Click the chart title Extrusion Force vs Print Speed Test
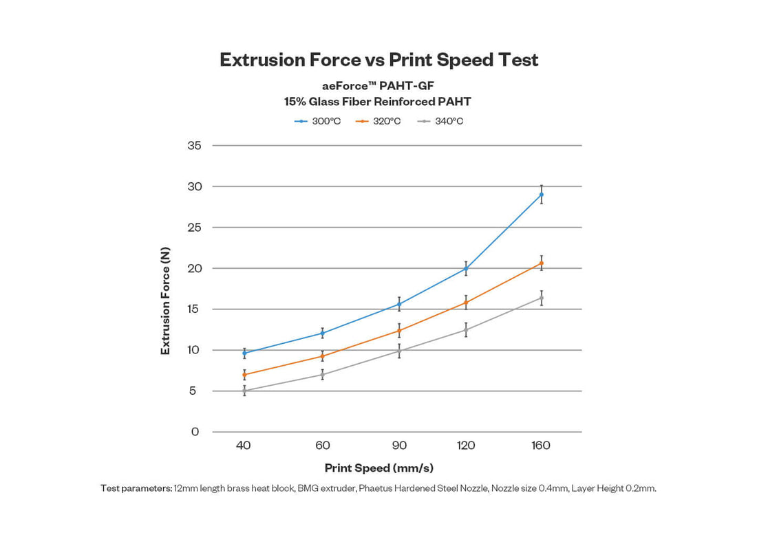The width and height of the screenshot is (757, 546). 378,60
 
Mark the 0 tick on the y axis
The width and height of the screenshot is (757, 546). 195,432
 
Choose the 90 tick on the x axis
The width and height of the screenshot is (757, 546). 399,446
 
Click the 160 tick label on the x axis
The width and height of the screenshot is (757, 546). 541,446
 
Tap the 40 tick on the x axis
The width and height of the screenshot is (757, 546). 244,446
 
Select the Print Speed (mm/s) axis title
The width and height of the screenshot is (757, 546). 378,468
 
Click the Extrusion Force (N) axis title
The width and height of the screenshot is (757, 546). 165,301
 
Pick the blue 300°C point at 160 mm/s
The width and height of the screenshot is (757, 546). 542,195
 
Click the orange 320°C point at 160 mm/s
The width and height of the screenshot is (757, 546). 542,263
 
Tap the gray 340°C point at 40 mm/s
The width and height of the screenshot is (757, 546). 244,391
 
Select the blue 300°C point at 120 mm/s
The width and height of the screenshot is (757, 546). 466,268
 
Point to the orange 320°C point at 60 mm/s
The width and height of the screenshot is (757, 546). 322,356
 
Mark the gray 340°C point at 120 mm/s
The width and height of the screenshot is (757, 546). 466,329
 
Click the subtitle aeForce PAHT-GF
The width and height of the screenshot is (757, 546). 378,87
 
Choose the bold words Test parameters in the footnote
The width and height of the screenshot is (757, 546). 136,488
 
